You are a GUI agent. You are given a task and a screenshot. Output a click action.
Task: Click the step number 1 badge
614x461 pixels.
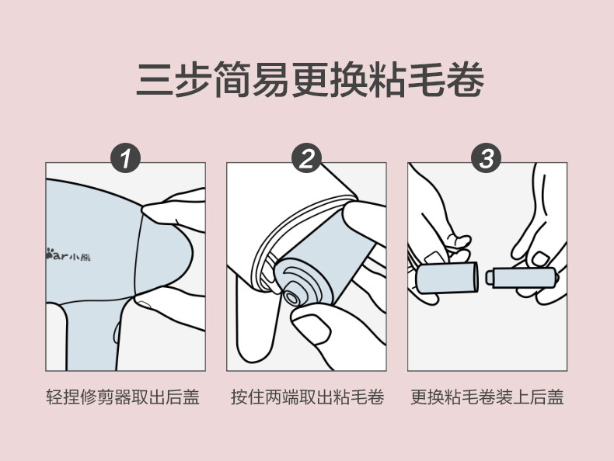point(125,158)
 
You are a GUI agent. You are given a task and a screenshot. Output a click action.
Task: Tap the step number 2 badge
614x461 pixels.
point(306,158)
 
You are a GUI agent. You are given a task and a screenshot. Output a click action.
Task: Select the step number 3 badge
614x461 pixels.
point(487,158)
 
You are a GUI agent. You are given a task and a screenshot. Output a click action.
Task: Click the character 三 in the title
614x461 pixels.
point(155,79)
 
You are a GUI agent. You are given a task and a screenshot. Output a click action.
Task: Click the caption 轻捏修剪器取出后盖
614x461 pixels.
point(123,397)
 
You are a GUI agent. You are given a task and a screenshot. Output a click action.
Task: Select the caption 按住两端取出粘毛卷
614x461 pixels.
point(308,397)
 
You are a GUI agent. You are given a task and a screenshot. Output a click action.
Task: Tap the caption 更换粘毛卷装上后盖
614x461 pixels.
point(487,397)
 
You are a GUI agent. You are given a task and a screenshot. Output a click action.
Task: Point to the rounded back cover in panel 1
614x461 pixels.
point(162,253)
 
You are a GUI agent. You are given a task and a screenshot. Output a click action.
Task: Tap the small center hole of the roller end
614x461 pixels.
point(291,298)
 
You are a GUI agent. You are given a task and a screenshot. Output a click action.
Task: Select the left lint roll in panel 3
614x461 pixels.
point(447,278)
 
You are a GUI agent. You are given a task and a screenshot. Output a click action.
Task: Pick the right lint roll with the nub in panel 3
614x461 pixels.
point(522,278)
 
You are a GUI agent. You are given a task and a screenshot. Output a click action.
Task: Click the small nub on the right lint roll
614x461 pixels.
point(489,278)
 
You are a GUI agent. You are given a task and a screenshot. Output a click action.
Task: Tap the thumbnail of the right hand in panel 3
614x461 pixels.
point(540,259)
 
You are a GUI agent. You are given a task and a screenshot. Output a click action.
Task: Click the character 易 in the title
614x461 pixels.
point(270,79)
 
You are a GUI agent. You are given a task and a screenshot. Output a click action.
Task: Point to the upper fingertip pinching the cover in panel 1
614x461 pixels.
point(151,210)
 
